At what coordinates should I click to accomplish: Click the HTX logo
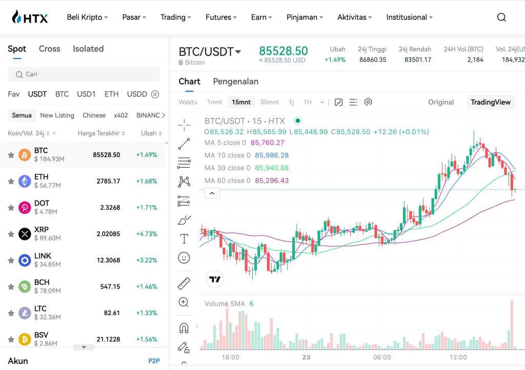(30, 17)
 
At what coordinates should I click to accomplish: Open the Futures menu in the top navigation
(221, 17)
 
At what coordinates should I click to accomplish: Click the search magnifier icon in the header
(501, 17)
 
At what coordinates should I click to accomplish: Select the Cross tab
(49, 49)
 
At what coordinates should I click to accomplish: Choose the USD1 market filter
(86, 94)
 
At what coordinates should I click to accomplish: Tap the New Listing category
(57, 115)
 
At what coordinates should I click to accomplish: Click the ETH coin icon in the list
(25, 181)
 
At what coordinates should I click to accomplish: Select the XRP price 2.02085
(108, 234)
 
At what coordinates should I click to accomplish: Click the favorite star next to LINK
(10, 260)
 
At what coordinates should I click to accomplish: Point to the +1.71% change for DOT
(147, 208)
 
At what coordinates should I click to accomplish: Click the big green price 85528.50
(283, 51)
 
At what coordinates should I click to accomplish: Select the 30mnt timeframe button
(269, 102)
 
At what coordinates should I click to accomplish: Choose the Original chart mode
(441, 102)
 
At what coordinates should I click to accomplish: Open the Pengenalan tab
(235, 81)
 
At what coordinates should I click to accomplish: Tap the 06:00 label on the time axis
(382, 357)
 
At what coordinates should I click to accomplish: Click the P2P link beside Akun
(154, 361)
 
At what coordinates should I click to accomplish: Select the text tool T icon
(184, 239)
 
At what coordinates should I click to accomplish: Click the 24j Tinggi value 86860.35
(373, 59)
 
